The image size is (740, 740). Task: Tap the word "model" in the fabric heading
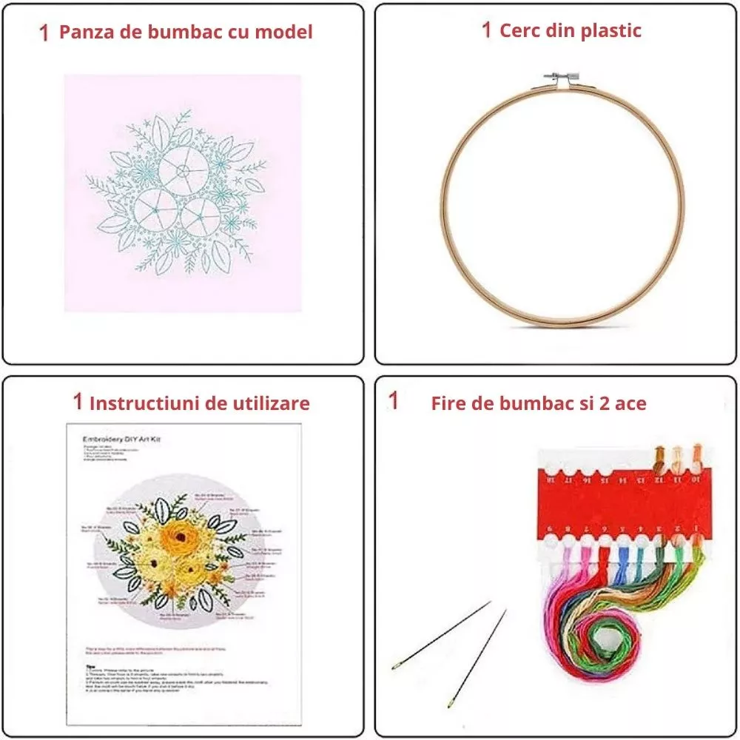[x=285, y=32]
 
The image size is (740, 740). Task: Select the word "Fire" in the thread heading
[x=448, y=403]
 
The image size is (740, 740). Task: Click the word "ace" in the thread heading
[x=629, y=403]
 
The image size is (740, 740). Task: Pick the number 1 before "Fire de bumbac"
[x=394, y=401]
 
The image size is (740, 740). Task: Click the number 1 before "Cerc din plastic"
[x=486, y=30]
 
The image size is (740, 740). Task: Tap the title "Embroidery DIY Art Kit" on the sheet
[x=121, y=440]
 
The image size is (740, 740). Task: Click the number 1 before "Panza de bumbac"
[x=45, y=33]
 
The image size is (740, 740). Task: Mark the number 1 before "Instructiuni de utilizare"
[x=77, y=402]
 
